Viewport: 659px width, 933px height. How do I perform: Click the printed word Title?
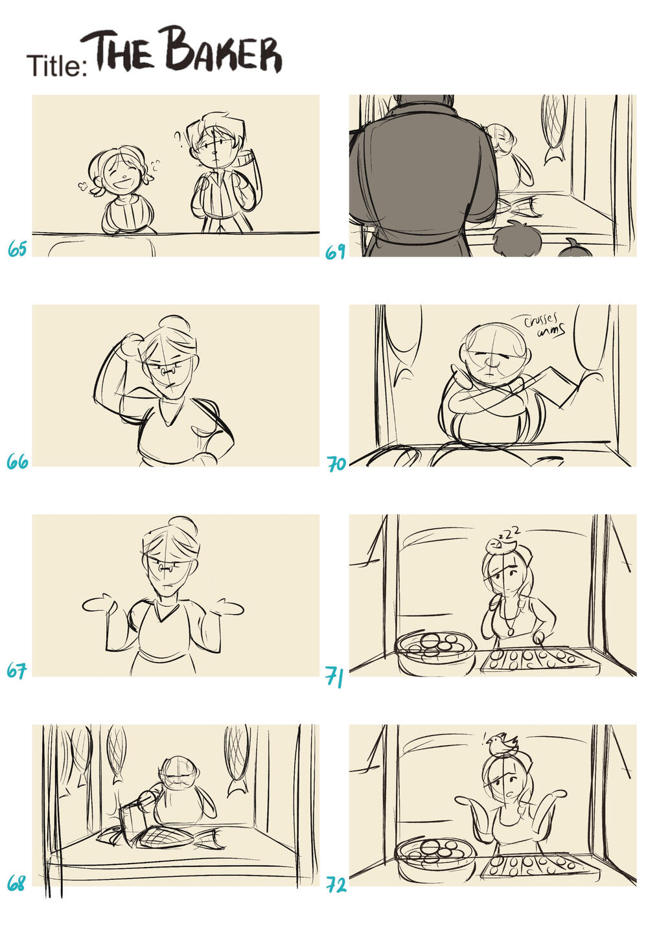tap(57, 65)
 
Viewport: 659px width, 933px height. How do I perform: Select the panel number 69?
tap(336, 251)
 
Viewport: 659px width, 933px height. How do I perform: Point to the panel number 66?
tap(17, 461)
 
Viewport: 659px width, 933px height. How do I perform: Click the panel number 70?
tap(337, 464)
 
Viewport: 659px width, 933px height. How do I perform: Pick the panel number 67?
tap(17, 670)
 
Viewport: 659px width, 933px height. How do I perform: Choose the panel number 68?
tap(16, 883)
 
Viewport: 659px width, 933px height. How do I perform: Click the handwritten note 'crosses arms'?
tap(545, 325)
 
